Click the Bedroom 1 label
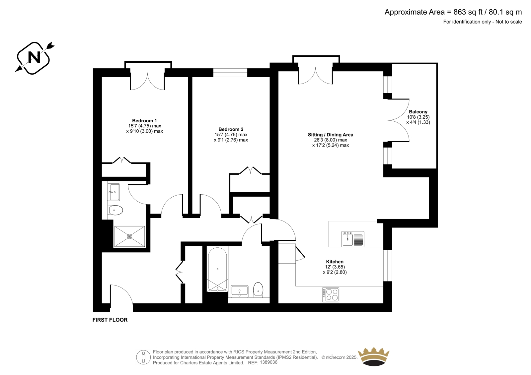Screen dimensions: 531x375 (144, 121)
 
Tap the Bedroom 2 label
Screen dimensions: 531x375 (231, 129)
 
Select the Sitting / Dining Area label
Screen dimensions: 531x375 (331, 135)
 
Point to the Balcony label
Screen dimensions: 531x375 (418, 112)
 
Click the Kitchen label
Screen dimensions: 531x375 (335, 262)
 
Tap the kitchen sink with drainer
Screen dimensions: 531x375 (353, 239)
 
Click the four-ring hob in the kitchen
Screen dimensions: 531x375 (331, 295)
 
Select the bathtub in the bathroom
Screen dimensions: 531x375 (217, 269)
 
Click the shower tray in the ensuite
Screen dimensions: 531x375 (129, 236)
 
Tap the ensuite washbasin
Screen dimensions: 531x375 (113, 192)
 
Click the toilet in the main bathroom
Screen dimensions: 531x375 (258, 290)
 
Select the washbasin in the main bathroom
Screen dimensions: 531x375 (239, 291)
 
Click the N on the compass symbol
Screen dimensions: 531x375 (34, 57)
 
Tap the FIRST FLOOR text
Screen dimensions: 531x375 (110, 320)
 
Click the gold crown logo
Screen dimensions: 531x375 (374, 357)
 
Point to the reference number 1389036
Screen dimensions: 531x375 (268, 362)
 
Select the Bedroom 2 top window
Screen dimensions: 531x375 (230, 73)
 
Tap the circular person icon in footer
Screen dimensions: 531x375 (143, 357)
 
